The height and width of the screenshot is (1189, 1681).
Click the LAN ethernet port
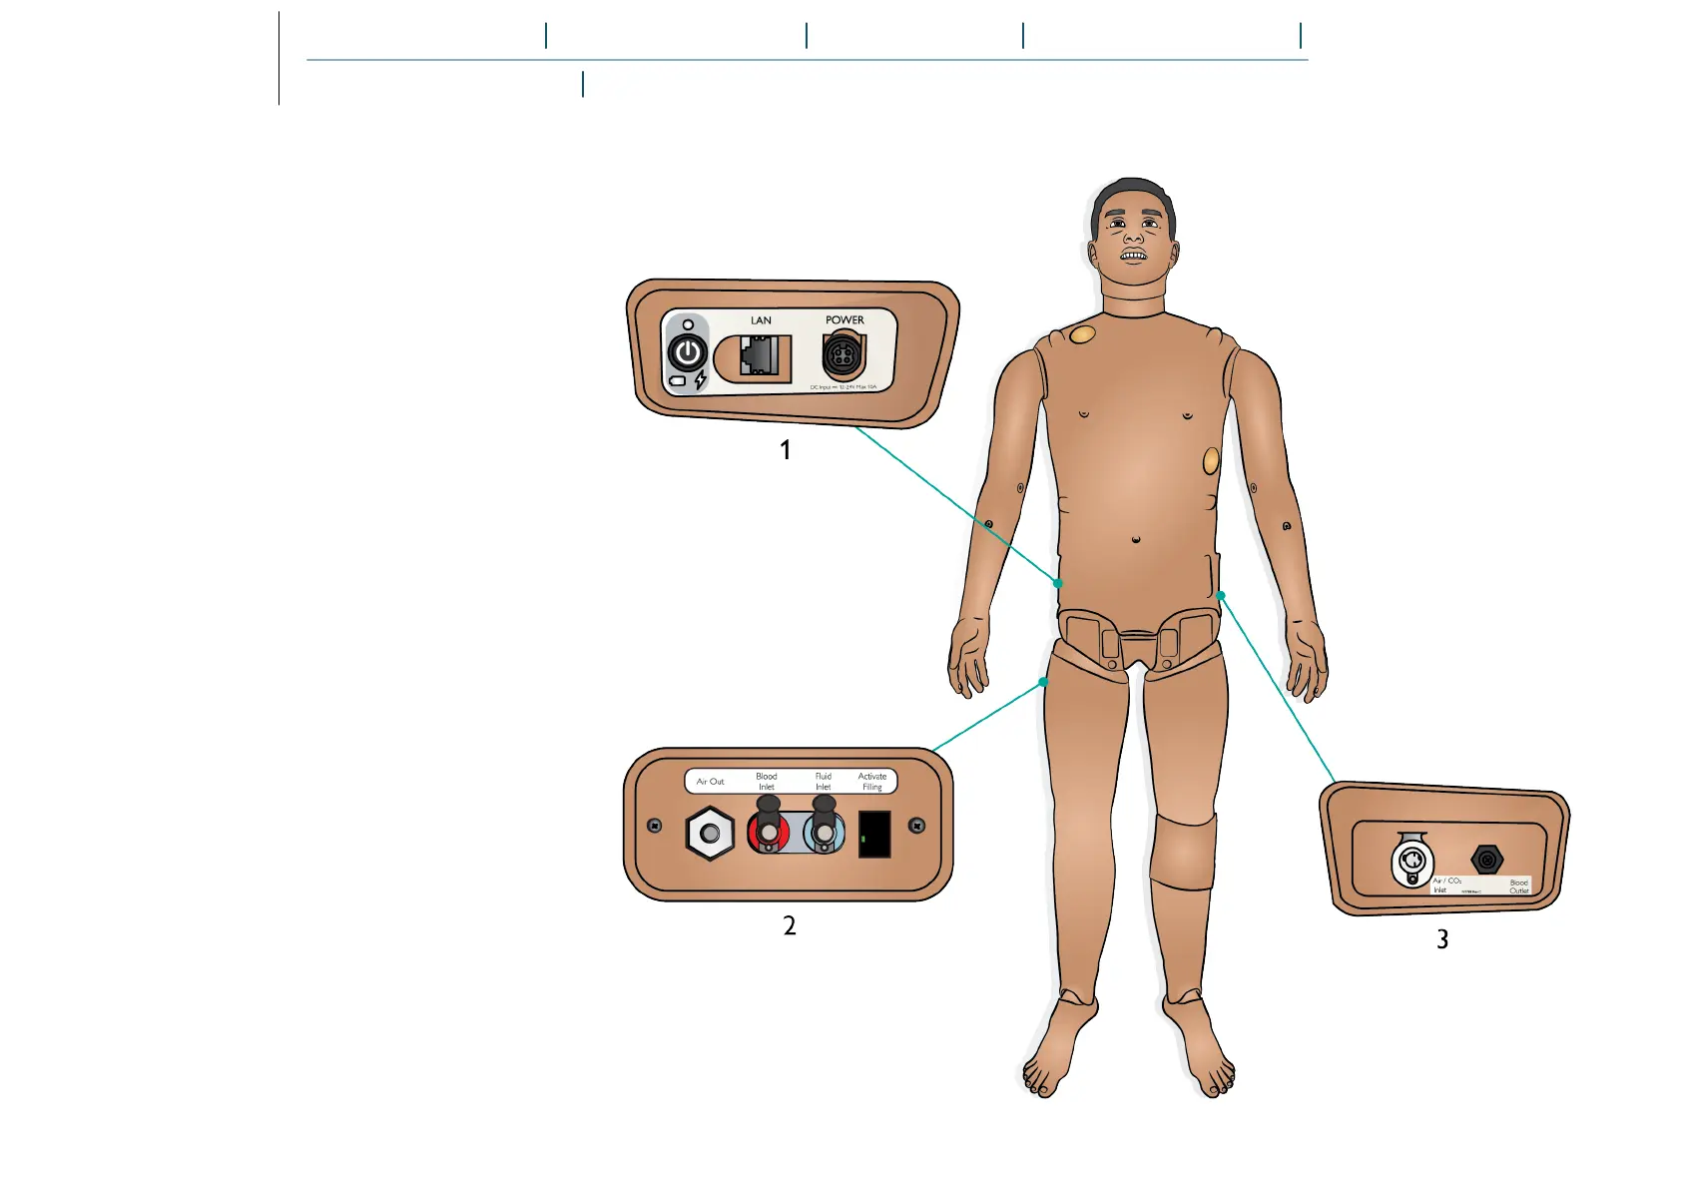(x=760, y=355)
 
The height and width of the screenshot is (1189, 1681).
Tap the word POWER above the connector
(x=844, y=320)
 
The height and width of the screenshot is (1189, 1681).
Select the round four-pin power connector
(x=841, y=355)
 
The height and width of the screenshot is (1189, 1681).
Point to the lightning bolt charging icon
(x=701, y=379)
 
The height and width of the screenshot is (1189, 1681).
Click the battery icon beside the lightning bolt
(x=678, y=381)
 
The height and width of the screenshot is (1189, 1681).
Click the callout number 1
(x=786, y=450)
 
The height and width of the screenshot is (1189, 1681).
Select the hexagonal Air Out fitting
(x=710, y=834)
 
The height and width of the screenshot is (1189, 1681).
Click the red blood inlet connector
(x=767, y=832)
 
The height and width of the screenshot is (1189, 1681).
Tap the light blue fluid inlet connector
(x=824, y=832)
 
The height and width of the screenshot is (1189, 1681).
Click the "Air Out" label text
(x=710, y=782)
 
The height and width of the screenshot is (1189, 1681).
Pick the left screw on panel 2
(x=655, y=826)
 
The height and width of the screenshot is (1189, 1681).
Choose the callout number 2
(x=790, y=926)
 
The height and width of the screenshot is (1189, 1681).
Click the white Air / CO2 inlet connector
(x=1411, y=862)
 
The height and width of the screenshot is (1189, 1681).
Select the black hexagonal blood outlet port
(x=1486, y=860)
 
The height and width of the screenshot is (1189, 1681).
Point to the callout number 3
(x=1442, y=939)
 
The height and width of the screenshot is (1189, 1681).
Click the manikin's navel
(x=1136, y=540)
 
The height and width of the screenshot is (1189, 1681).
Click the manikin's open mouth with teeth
(x=1133, y=257)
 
